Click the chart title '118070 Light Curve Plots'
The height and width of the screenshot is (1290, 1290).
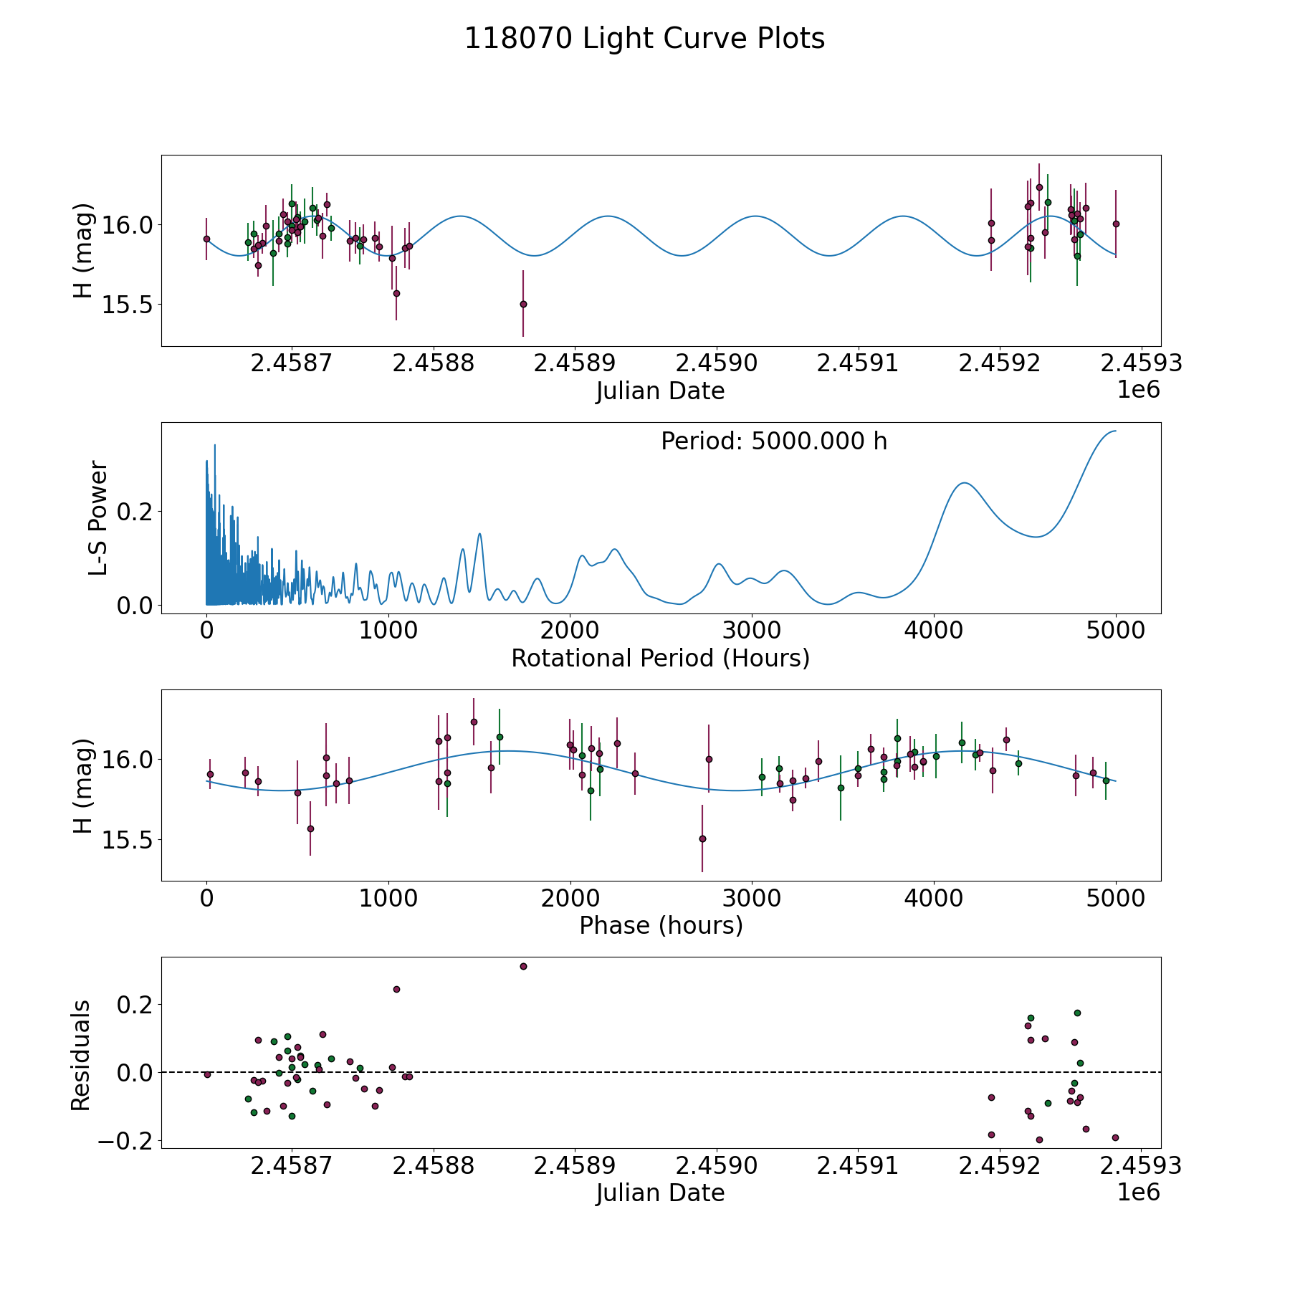tap(644, 39)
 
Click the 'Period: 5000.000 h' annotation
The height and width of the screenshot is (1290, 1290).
tap(774, 441)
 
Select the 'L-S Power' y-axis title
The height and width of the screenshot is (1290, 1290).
tap(98, 518)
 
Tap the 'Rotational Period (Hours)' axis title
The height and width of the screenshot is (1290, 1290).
tap(660, 658)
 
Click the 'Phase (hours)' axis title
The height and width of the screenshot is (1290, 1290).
tap(661, 925)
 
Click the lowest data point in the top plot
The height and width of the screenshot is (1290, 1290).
tap(523, 304)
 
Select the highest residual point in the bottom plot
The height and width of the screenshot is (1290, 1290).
tap(523, 966)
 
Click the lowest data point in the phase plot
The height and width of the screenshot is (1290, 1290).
tap(702, 838)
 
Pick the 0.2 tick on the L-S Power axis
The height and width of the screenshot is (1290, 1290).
tap(135, 512)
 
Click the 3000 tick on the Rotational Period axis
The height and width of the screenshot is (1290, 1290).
tap(752, 631)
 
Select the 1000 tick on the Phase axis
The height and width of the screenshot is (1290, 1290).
tap(388, 898)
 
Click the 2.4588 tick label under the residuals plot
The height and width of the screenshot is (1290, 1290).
tap(434, 1166)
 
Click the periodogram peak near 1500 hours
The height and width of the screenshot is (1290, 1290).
tap(479, 534)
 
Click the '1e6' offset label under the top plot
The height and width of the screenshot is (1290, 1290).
tap(1138, 390)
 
